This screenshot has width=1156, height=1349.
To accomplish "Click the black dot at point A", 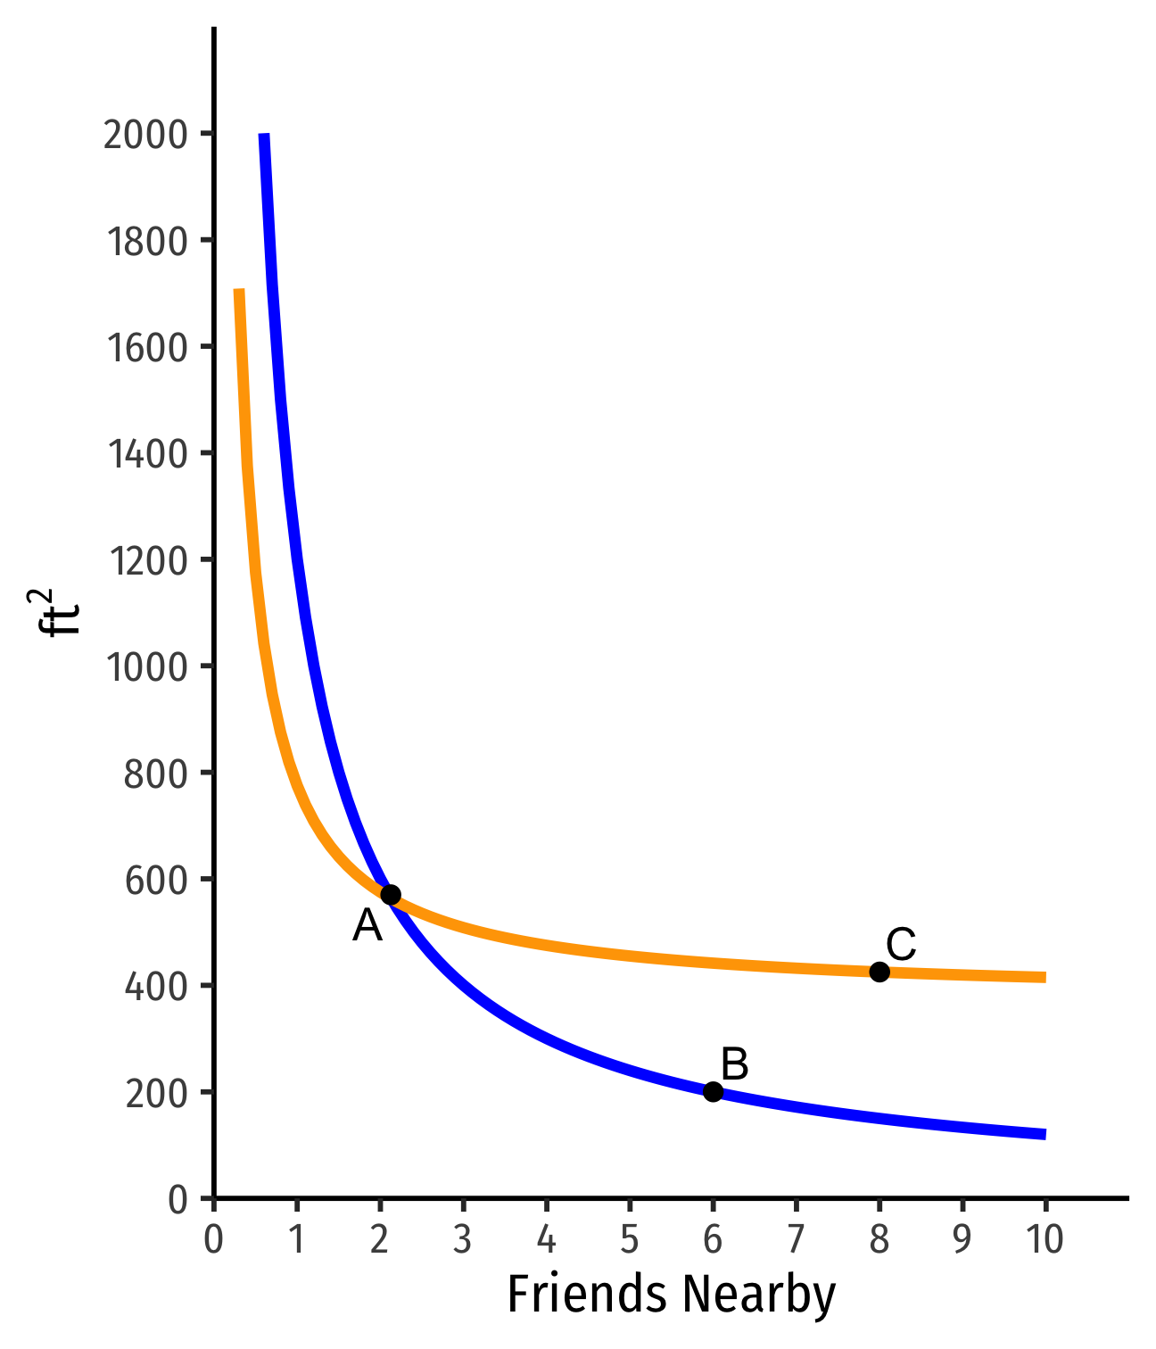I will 391,894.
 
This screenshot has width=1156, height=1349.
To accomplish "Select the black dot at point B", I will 713,1091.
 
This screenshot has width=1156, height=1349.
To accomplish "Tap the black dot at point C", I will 879,972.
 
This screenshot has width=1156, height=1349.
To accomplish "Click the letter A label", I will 367,926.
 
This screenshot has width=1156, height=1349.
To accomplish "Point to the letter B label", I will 734,1064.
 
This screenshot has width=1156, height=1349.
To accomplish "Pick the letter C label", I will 901,945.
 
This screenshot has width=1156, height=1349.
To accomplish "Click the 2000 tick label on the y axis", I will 146,135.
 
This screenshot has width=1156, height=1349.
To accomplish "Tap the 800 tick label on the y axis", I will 157,774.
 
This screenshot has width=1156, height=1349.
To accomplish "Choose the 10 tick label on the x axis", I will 1045,1240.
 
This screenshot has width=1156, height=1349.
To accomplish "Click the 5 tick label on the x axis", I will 630,1240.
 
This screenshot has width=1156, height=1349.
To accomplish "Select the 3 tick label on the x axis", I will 463,1240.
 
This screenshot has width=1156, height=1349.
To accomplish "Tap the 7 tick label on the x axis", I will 796,1240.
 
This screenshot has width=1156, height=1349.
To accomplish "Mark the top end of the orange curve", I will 239,291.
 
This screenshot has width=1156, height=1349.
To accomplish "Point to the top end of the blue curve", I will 264,136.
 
